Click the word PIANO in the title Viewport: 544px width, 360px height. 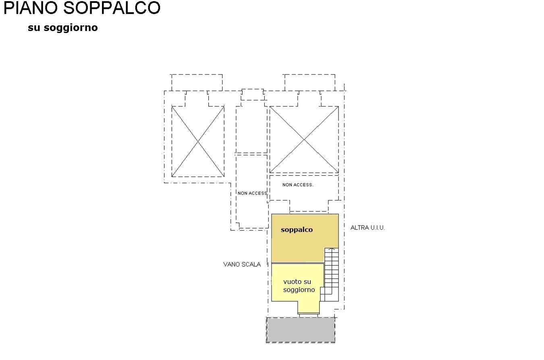point(31,8)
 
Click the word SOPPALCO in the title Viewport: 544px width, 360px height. point(112,8)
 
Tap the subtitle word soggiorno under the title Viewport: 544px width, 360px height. point(71,28)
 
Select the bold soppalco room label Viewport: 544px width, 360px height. point(297,230)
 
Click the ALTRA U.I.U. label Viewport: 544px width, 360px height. point(368,228)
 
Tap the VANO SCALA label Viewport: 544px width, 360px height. point(242,264)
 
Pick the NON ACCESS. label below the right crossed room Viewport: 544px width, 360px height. point(298,185)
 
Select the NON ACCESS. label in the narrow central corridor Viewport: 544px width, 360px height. point(252,193)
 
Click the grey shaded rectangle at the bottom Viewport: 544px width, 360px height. point(301,330)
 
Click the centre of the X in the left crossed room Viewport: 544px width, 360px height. point(198,141)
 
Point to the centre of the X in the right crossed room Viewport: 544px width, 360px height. point(304,140)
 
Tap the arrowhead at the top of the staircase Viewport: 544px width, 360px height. point(332,249)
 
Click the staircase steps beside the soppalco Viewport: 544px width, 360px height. point(332,274)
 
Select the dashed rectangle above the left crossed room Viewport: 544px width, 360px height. point(197,83)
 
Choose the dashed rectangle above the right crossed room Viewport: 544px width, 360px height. point(309,83)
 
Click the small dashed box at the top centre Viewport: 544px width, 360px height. point(253,95)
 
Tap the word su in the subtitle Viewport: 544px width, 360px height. point(34,28)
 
